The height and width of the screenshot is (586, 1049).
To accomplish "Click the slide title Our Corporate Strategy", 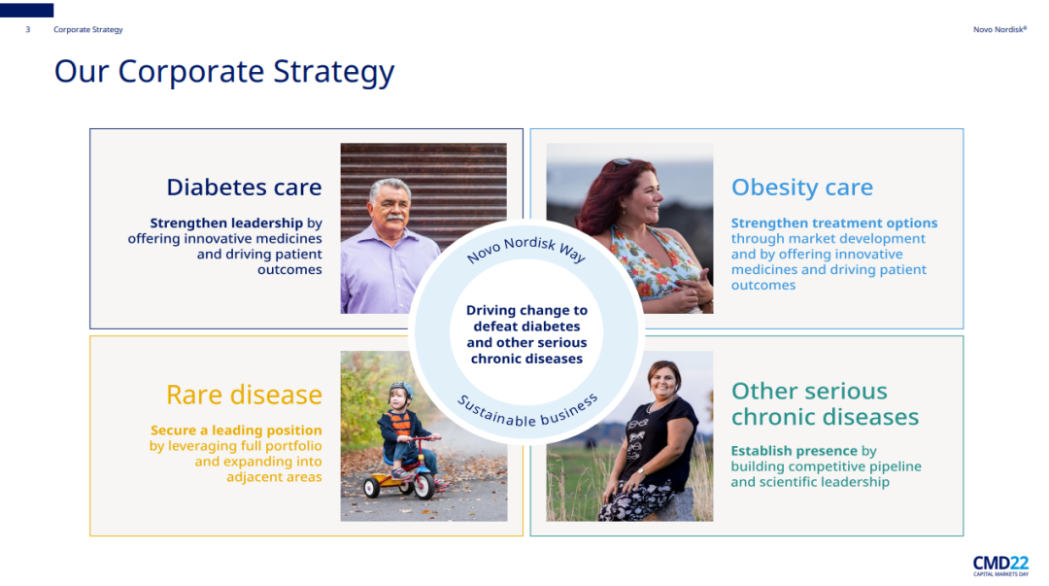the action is pos(224,72).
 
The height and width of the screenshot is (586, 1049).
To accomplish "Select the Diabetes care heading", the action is pos(244,187).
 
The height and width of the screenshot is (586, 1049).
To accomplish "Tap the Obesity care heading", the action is pos(802,188).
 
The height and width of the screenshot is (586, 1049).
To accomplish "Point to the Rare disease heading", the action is pos(244,395).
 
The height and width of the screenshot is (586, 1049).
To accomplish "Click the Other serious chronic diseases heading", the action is pos(825,404).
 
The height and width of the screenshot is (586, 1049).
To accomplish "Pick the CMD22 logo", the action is pos(1000,566).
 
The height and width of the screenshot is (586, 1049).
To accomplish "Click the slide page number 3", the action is pos(27,29).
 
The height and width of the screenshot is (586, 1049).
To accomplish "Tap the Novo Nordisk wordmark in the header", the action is pos(999,29).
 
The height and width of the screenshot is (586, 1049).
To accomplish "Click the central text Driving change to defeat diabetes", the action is pos(526,334).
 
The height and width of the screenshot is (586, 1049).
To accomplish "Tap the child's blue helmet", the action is pos(401,389).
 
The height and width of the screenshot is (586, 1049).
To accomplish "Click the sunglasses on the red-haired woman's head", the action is pos(622,162).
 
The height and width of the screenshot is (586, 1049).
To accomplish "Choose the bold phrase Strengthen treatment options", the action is pos(834,223).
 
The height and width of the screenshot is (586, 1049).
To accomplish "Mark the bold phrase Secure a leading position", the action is pos(236,430).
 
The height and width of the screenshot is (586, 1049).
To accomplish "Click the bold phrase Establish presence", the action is pos(795,451).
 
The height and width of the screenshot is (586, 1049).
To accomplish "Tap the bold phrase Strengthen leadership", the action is pos(226,223).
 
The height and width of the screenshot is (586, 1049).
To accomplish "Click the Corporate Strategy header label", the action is pos(88,29).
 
